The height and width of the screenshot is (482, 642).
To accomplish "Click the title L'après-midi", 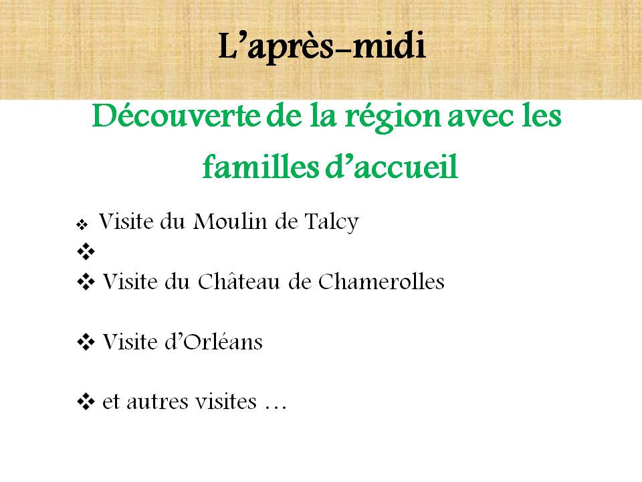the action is [322, 46].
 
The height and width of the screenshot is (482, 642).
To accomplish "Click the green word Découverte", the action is [177, 116].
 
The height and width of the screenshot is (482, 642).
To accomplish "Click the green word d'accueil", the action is [391, 167].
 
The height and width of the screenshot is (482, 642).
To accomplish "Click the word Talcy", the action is [331, 223].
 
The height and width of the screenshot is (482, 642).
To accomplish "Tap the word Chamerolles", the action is [381, 282].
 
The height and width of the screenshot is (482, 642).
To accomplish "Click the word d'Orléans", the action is [213, 341].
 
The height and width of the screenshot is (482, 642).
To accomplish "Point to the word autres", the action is [157, 402].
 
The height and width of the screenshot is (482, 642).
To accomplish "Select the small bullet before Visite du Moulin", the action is [82, 225].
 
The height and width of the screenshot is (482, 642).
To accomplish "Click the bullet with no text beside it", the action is [86, 251].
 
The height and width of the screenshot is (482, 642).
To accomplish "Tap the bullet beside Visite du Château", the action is [86, 282].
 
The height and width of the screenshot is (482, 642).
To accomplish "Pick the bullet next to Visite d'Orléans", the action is [86, 342].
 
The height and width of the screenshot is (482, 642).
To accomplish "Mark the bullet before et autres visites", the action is [86, 402].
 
